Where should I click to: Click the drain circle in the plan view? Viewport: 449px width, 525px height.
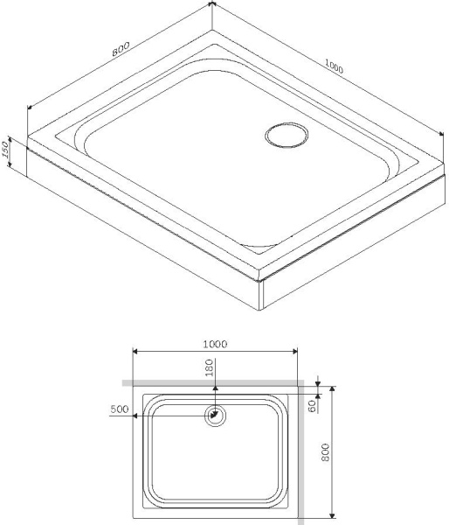pos(215,416)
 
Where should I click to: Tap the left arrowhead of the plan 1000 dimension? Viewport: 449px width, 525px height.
pos(135,353)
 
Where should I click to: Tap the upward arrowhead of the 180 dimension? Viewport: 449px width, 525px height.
pos(215,388)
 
